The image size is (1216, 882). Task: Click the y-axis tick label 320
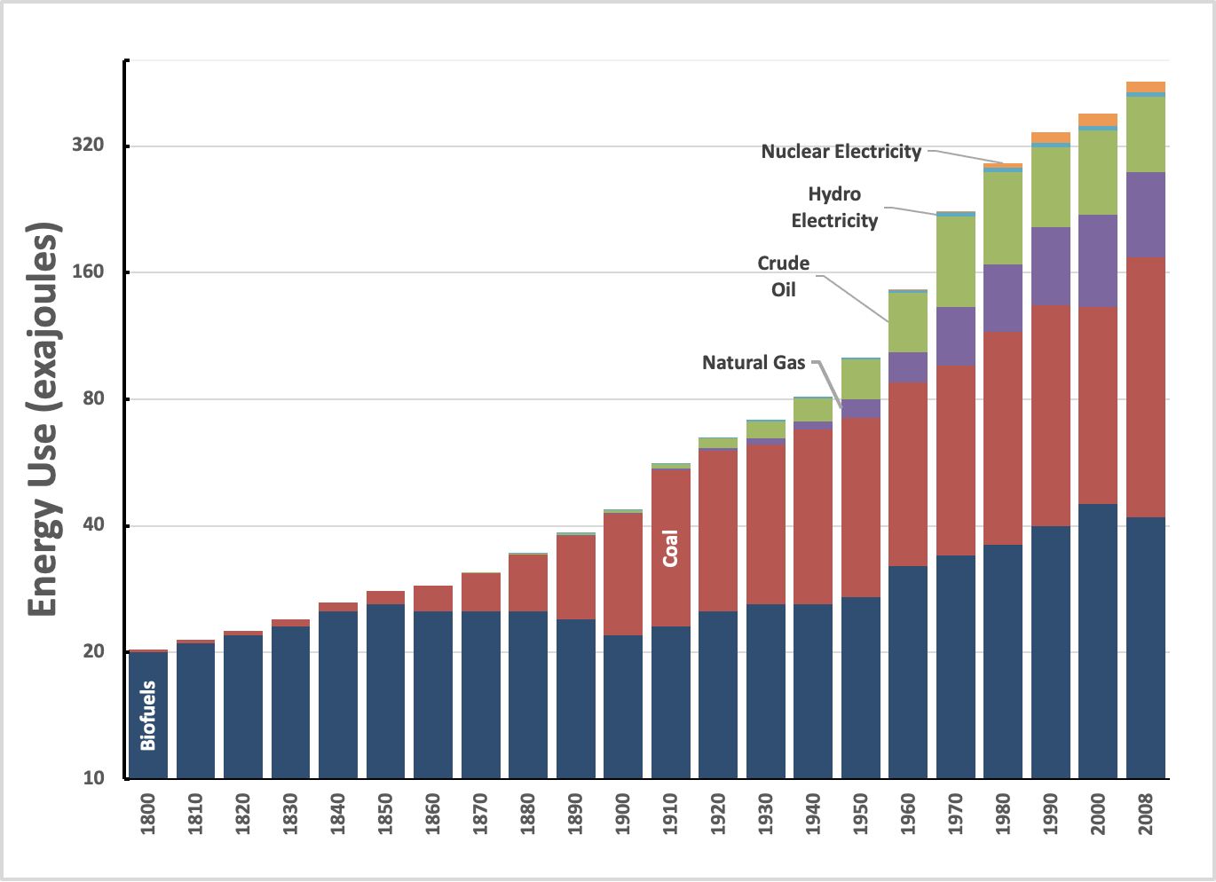(87, 145)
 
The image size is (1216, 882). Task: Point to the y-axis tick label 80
(93, 398)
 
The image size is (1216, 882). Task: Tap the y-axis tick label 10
(93, 778)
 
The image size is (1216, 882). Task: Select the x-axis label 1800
(148, 814)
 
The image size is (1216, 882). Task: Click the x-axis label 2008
(1146, 814)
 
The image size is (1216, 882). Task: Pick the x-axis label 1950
(861, 814)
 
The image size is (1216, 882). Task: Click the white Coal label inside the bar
(670, 548)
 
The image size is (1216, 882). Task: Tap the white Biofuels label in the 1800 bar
(148, 715)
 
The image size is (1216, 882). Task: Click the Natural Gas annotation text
(753, 363)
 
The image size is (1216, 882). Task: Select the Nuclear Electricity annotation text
(841, 153)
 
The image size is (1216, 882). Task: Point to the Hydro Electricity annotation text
(834, 208)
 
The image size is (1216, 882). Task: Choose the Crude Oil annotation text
(783, 276)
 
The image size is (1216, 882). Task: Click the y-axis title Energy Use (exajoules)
(43, 420)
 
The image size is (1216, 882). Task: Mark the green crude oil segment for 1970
(956, 261)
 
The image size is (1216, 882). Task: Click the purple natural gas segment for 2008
(1146, 214)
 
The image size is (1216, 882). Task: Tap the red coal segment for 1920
(718, 530)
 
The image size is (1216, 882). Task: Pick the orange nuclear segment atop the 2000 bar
(1098, 119)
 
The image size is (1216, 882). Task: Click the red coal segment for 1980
(1003, 437)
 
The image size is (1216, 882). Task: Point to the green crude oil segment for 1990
(1051, 186)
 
